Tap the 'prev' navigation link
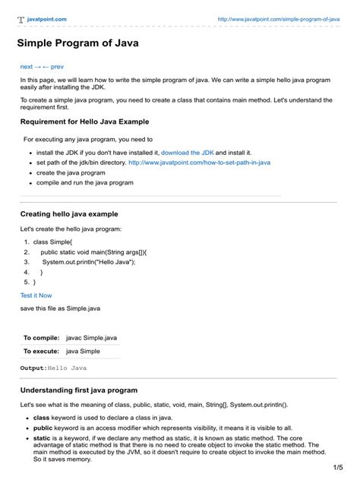click(x=56, y=67)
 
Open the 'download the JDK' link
click(x=186, y=152)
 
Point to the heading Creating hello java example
click(x=69, y=214)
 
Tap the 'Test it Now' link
click(x=36, y=295)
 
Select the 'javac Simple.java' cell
click(x=92, y=337)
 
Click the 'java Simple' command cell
click(x=83, y=352)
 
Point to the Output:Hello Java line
click(x=53, y=368)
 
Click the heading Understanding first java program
click(x=78, y=390)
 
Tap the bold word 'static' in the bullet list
click(x=41, y=438)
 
